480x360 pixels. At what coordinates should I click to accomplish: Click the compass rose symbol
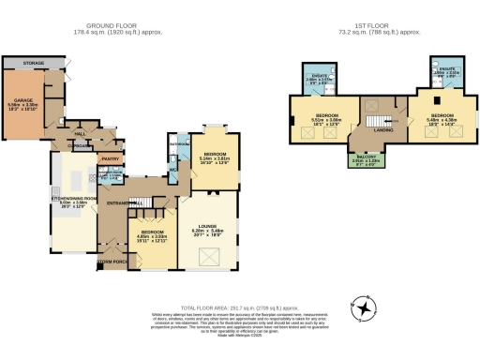coord(365,305)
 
